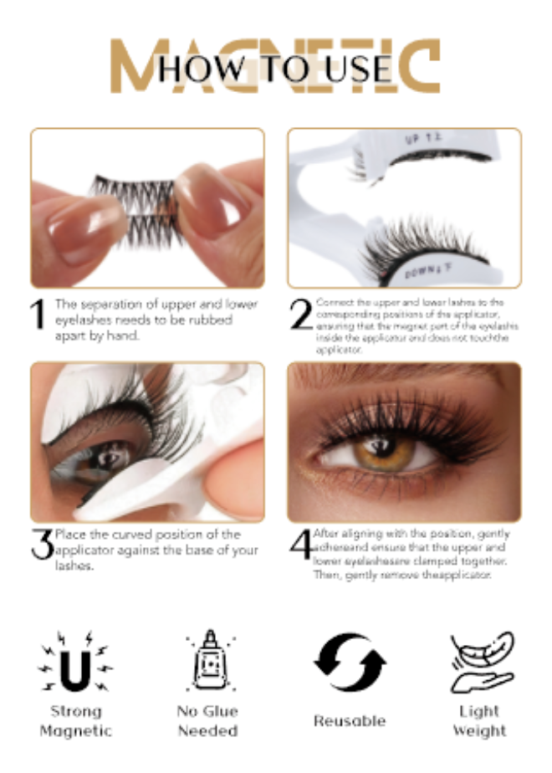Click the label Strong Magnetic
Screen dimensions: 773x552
point(75,720)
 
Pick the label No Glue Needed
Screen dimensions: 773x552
point(207,720)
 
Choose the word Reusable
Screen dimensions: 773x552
point(350,720)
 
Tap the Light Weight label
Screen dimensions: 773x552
point(480,720)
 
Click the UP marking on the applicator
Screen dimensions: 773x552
point(418,142)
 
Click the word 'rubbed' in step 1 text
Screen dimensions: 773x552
point(209,320)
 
